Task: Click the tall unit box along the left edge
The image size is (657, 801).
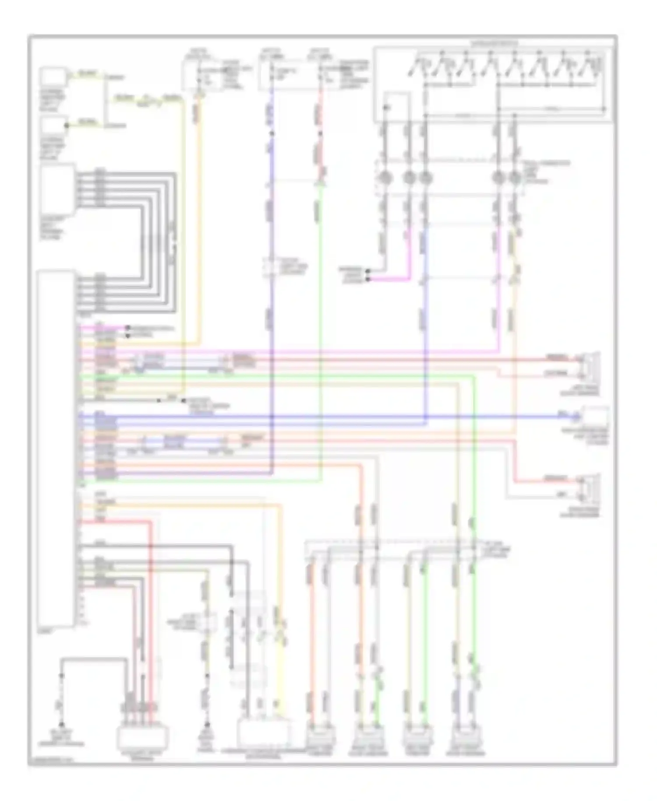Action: [x=56, y=449]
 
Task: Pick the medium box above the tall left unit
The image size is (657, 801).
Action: [x=57, y=189]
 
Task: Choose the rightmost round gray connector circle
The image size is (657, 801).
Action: [x=515, y=178]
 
